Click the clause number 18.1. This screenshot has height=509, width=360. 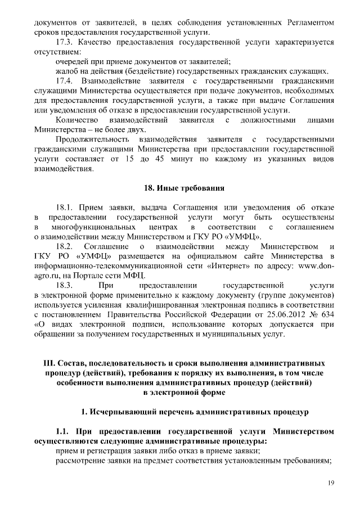click(x=66, y=208)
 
